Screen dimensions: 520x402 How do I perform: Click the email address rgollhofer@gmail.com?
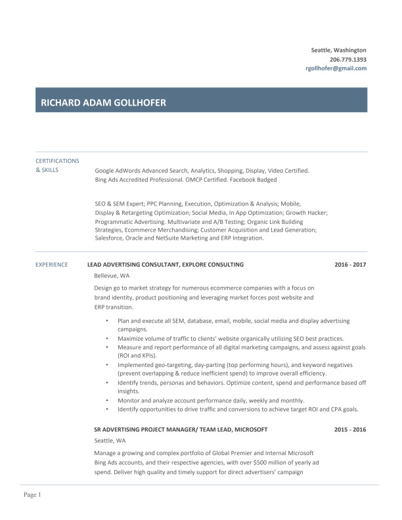336,68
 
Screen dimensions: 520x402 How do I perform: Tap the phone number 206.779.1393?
347,59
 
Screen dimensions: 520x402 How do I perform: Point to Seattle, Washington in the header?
338,50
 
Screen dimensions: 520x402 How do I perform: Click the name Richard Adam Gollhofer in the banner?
103,102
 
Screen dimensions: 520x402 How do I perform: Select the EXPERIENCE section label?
51,265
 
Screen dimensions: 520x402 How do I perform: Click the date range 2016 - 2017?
350,265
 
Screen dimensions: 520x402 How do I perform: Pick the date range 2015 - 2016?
350,429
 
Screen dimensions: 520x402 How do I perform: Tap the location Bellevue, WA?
112,276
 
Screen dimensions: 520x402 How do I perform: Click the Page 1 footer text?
32,494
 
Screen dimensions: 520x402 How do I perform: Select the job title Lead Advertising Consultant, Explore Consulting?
166,265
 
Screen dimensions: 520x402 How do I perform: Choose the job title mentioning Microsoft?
181,429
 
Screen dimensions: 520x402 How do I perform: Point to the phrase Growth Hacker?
307,213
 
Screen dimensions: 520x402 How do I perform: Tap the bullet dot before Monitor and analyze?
107,401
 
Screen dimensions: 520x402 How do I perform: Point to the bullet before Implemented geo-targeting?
107,364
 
